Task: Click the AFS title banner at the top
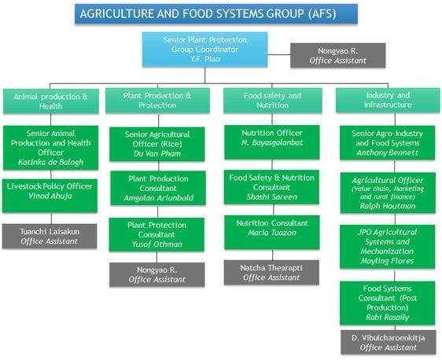tap(216, 13)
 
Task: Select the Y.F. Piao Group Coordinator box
tap(205, 50)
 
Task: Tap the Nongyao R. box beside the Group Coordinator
tap(337, 55)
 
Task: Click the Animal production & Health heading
tap(51, 101)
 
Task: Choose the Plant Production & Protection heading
tap(157, 101)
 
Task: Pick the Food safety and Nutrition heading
tap(273, 101)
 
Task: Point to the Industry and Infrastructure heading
tap(388, 101)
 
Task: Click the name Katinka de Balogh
tap(51, 162)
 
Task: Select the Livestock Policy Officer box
tap(50, 196)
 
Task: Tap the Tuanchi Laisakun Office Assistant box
tap(50, 236)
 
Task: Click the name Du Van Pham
tap(157, 153)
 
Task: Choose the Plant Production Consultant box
tap(158, 188)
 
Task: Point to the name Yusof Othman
tap(157, 244)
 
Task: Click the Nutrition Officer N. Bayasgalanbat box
tap(272, 142)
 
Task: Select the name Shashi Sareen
tap(272, 197)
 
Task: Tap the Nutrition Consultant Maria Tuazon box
tap(272, 233)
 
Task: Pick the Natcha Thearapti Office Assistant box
tap(271, 273)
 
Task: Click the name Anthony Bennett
tap(387, 152)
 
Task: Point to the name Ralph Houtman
tap(388, 206)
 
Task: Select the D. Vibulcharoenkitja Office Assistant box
tap(389, 342)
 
